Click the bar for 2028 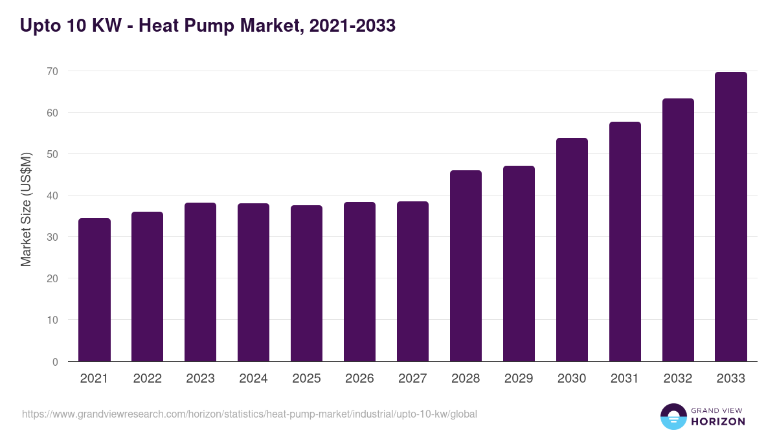(466, 266)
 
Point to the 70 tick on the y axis (52, 71)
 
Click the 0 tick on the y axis (55, 362)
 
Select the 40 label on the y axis (52, 196)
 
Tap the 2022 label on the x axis (147, 379)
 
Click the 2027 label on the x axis (412, 379)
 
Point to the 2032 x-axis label (678, 379)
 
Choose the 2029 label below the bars (519, 379)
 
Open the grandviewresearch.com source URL (249, 414)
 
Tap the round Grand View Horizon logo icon (673, 416)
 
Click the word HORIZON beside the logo (718, 421)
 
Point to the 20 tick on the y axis (52, 278)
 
